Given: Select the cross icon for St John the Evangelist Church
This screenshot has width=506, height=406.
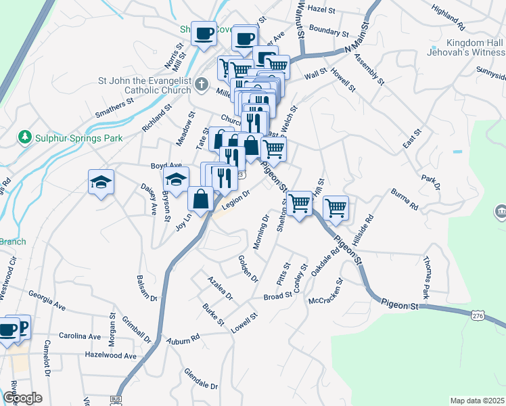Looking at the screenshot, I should [202, 84].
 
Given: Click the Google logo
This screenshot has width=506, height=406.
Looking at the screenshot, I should [22, 398].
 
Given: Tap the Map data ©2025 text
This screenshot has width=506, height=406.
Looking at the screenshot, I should [477, 401].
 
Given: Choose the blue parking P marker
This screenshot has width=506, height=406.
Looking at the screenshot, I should [22, 328].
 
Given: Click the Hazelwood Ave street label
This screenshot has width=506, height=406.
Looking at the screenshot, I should [110, 355].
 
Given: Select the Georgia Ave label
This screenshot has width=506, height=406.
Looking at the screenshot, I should [47, 300].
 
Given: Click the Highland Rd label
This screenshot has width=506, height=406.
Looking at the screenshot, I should [448, 21].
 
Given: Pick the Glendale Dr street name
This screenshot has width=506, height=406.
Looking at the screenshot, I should [201, 380].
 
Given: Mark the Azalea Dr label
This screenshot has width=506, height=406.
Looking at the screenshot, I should [220, 288].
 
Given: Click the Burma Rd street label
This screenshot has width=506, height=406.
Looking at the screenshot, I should [404, 198].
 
